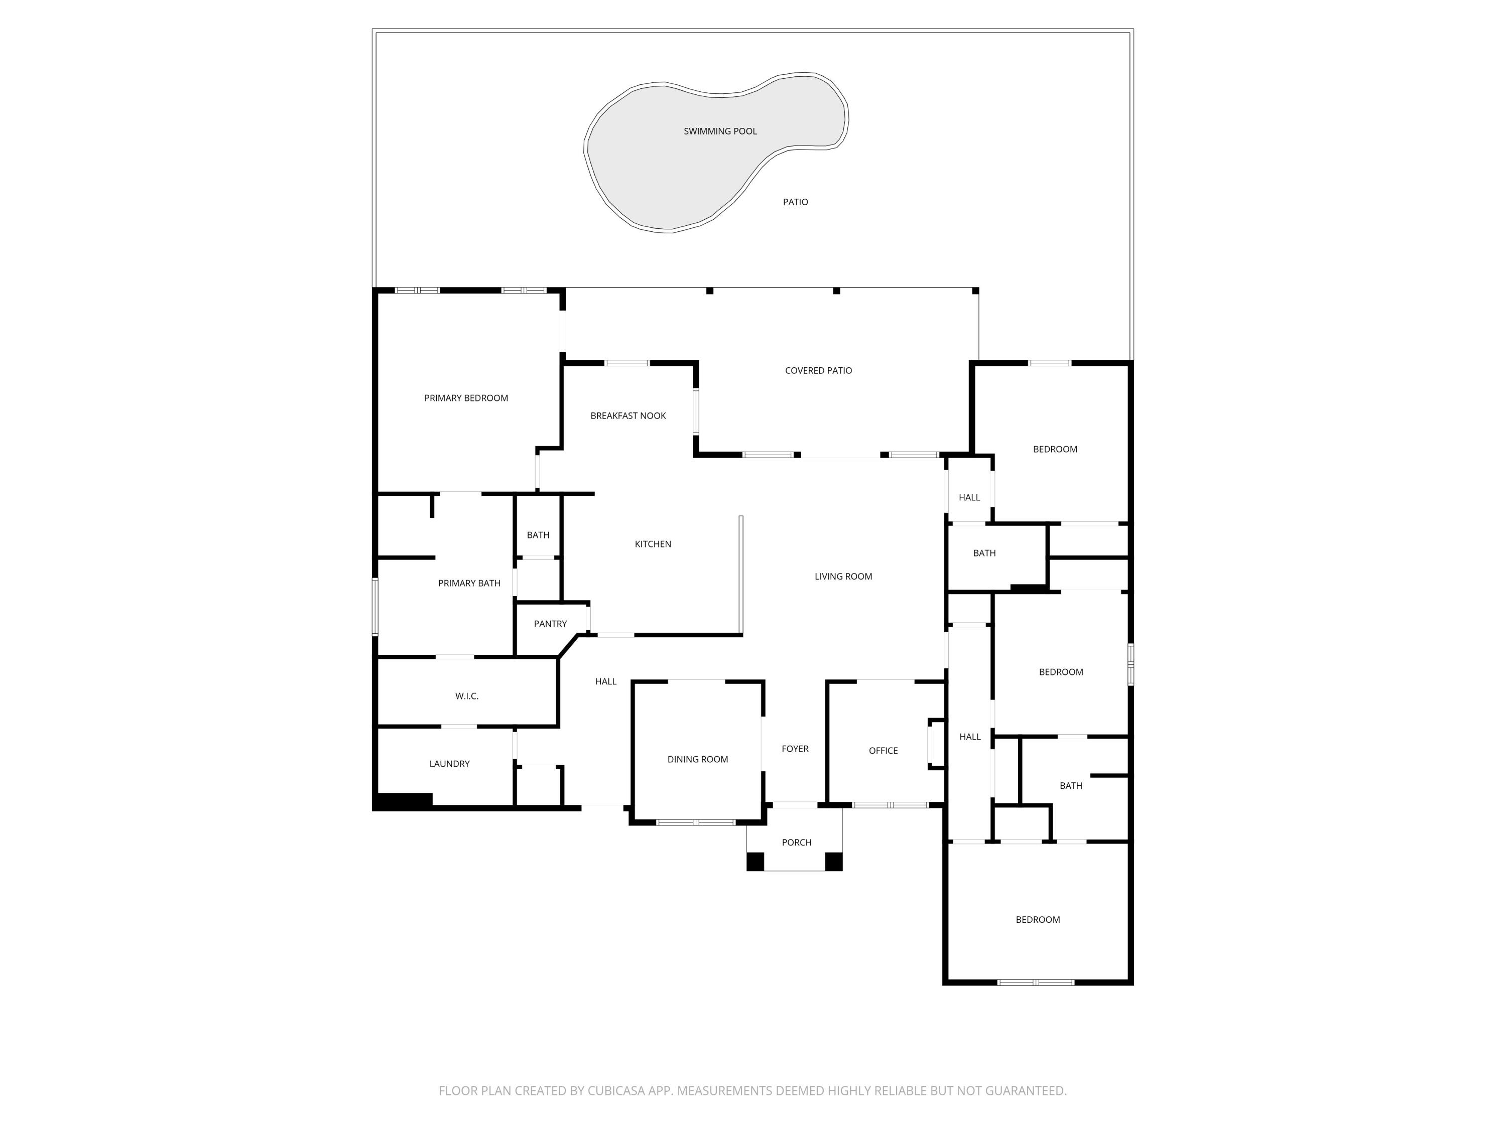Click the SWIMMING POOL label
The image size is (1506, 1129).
click(x=720, y=131)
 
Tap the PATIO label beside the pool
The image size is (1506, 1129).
click(x=795, y=202)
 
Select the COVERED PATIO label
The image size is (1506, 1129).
click(x=818, y=371)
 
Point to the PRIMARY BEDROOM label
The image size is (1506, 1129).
click(x=466, y=398)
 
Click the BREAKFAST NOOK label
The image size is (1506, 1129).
click(x=627, y=416)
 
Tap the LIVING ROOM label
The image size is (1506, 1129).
click(x=843, y=577)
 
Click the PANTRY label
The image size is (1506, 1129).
click(x=550, y=624)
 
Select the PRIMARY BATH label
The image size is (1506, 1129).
click(x=468, y=583)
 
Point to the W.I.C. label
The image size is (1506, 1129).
click(x=466, y=696)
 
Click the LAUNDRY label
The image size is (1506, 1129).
click(x=449, y=764)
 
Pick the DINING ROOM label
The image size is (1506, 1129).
click(x=697, y=760)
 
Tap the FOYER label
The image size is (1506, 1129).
click(x=795, y=749)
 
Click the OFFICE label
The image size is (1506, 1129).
click(x=883, y=751)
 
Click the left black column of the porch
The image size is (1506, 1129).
click(x=755, y=862)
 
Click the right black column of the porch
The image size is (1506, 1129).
click(x=833, y=862)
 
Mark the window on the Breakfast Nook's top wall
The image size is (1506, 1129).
click(x=626, y=363)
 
